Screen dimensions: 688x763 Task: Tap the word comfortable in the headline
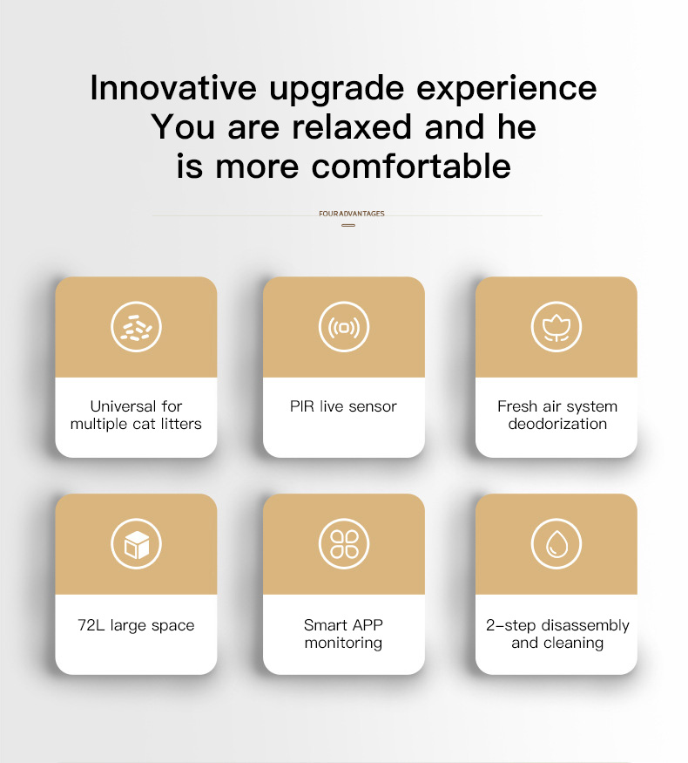coord(411,166)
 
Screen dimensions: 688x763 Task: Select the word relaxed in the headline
coord(351,127)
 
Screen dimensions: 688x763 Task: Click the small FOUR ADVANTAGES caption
coord(351,214)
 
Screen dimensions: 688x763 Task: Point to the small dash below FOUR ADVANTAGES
coord(348,225)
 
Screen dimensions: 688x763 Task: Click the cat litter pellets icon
coord(136,326)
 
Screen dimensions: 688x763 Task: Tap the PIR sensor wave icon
coord(344,326)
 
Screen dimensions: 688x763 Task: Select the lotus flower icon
coord(556,326)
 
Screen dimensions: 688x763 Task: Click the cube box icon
coord(136,543)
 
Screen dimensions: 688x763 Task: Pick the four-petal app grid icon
coord(344,543)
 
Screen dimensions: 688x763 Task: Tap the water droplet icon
coord(556,543)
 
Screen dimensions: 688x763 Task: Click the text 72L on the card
coord(91,625)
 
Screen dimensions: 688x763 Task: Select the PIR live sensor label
coord(343,406)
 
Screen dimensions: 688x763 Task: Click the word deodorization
coord(557,424)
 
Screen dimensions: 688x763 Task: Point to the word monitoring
coord(343,644)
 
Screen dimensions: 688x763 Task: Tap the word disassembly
coord(585,625)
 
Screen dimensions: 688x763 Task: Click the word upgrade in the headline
coord(336,89)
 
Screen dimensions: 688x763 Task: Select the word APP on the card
coord(368,625)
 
